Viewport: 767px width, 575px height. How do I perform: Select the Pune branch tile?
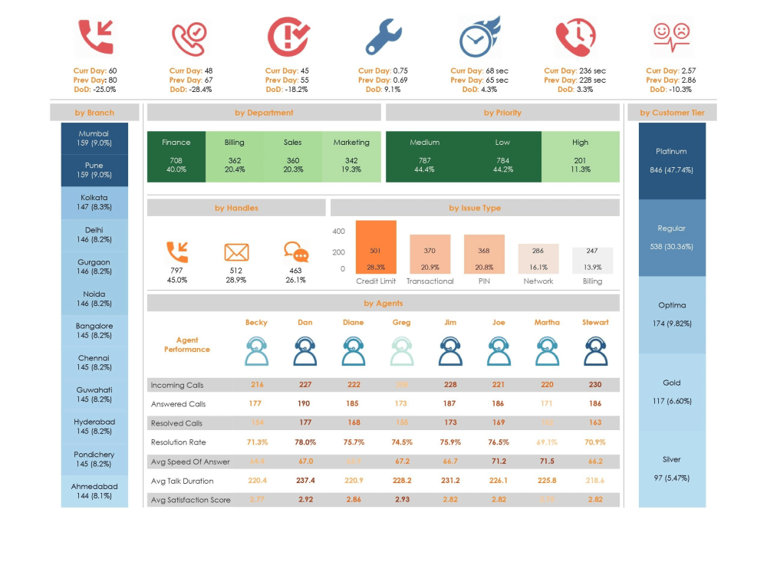(94, 170)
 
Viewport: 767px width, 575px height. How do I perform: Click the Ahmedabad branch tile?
(94, 491)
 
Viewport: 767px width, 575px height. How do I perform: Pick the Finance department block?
(176, 156)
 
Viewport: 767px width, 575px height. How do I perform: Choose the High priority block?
(581, 156)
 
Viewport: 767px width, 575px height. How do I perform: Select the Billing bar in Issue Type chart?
(592, 260)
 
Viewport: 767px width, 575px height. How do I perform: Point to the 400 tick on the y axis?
(338, 232)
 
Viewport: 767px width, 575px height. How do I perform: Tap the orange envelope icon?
(236, 252)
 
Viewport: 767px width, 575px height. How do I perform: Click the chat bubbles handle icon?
(295, 252)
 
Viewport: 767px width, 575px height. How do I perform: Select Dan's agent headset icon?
(305, 353)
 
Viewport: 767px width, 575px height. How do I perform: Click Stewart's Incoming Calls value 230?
(594, 385)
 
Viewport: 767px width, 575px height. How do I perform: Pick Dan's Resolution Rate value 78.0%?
(305, 442)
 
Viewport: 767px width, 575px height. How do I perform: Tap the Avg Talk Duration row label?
(183, 481)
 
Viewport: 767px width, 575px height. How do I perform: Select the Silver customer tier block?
(672, 468)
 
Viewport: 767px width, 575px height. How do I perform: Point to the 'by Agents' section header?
(383, 304)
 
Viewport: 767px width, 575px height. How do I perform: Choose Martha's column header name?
(547, 323)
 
